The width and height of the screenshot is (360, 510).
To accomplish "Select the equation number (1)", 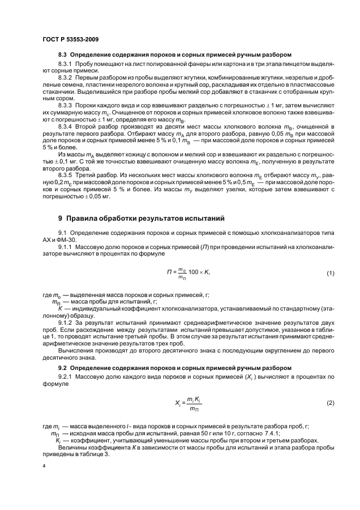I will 330,272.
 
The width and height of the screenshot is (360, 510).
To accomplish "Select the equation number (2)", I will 330,403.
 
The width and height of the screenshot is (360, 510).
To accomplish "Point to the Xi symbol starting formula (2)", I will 178,403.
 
